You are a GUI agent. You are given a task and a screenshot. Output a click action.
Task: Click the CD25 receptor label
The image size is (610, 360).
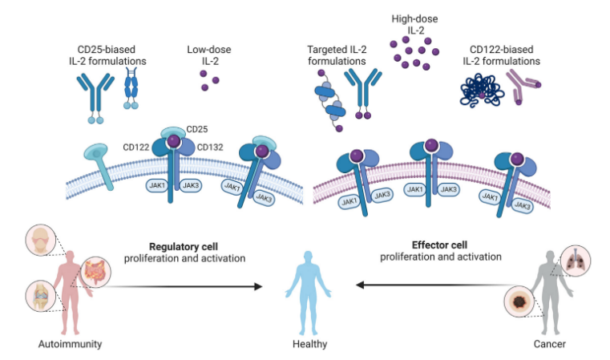click(197, 129)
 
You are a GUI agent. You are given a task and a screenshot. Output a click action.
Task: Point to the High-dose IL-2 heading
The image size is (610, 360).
click(414, 23)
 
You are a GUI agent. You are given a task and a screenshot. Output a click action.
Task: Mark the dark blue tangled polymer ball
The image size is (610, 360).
click(483, 90)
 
